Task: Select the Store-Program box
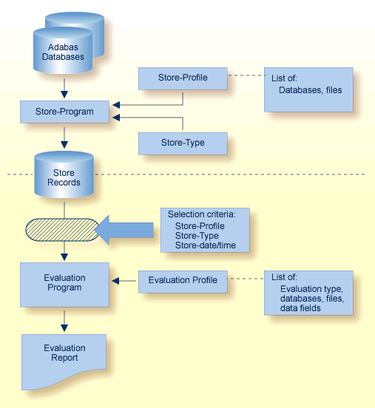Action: click(x=65, y=112)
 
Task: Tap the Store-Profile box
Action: click(x=183, y=78)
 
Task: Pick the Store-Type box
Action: click(x=183, y=142)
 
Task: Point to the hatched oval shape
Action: click(x=61, y=229)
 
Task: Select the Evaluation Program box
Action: click(x=64, y=283)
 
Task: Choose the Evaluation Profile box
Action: click(x=183, y=280)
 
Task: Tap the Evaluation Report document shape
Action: click(x=64, y=357)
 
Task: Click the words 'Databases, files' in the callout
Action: click(x=310, y=90)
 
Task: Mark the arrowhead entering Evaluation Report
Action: click(x=64, y=326)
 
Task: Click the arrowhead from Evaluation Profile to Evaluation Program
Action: click(x=115, y=280)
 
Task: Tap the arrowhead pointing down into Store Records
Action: click(x=64, y=146)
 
